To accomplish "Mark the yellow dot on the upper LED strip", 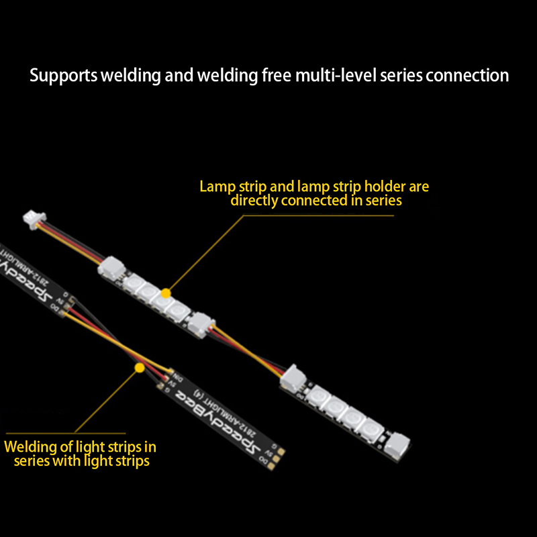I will coord(166,293).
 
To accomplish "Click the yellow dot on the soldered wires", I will coord(139,368).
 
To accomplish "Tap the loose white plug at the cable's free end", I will coord(34,217).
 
